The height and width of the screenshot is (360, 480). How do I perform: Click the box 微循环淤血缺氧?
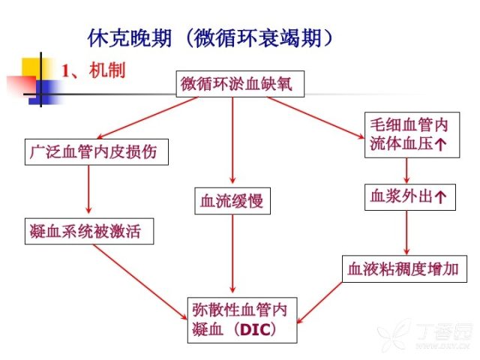[240, 84]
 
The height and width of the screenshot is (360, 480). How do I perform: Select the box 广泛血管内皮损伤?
[97, 152]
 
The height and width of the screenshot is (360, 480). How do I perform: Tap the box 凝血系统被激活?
[89, 231]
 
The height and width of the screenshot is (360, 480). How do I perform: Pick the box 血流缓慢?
[232, 201]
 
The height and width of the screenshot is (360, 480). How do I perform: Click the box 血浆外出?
[410, 197]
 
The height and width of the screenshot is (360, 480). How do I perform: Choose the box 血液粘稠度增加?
[404, 268]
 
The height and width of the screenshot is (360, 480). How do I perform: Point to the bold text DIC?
[255, 330]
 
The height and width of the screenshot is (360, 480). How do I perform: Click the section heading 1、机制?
[94, 70]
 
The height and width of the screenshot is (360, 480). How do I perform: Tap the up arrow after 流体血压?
[440, 144]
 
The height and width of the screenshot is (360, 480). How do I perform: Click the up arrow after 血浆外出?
[440, 197]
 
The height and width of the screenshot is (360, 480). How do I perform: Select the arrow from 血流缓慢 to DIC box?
[232, 253]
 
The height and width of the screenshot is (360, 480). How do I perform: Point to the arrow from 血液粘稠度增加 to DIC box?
[319, 302]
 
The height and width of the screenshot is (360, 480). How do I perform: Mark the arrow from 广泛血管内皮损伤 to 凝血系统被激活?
[88, 189]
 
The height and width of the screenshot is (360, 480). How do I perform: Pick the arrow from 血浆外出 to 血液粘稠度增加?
[406, 232]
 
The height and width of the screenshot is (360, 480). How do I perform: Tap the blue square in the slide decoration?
[45, 92]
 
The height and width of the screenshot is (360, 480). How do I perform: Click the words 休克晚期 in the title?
[129, 38]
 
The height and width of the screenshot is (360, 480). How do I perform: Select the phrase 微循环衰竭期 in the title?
[258, 38]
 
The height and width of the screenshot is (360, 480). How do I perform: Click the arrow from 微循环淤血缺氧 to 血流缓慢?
[232, 140]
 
